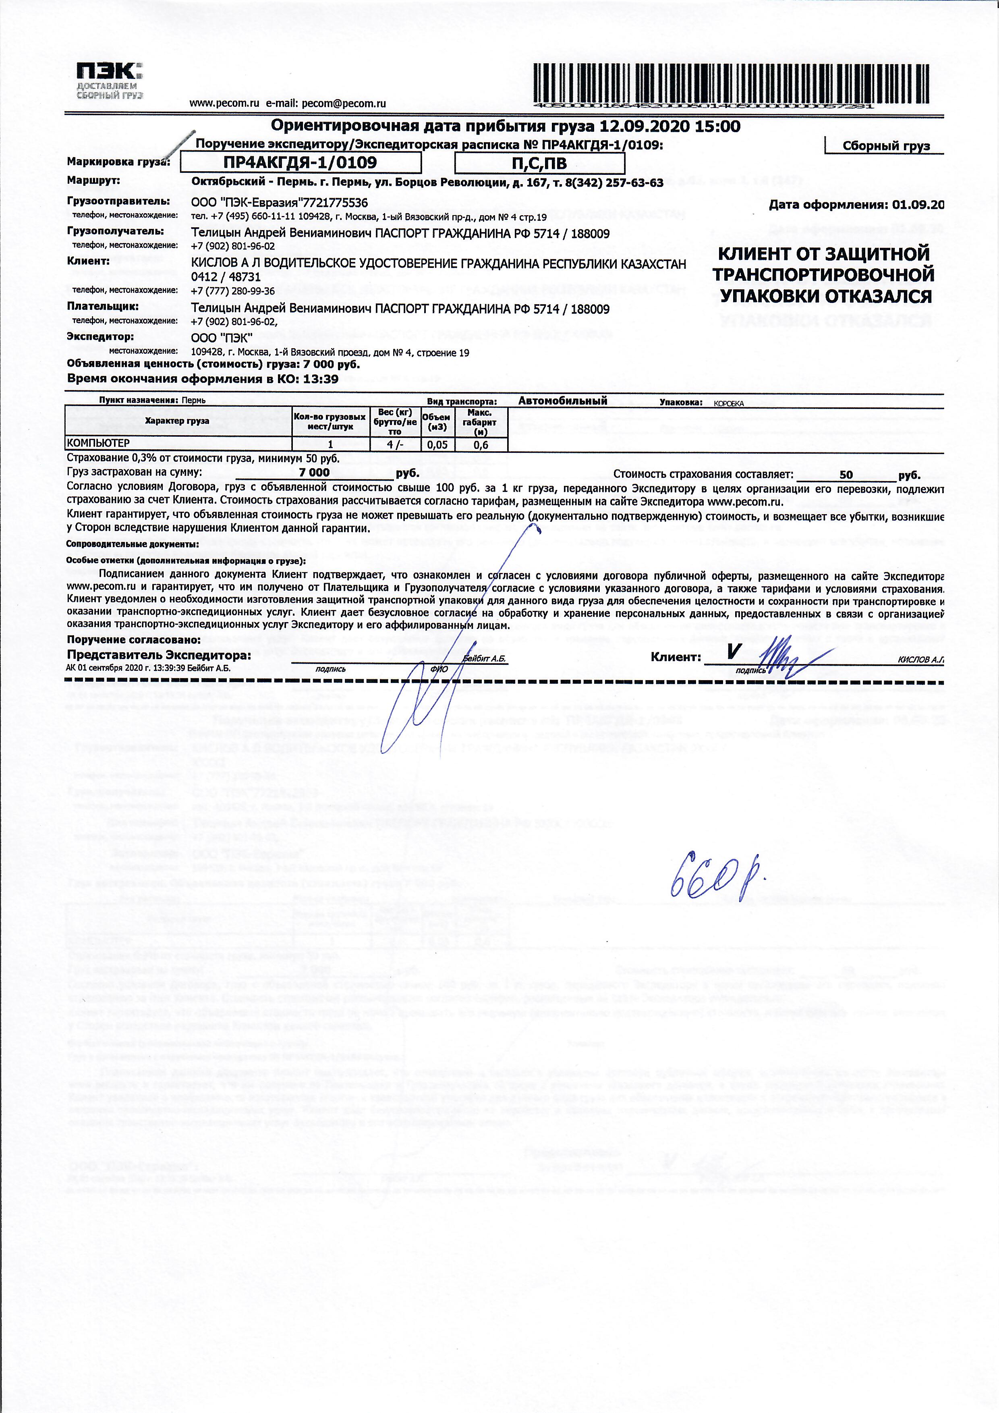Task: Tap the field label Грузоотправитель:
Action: pyautogui.click(x=118, y=201)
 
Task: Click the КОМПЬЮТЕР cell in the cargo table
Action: pyautogui.click(x=98, y=444)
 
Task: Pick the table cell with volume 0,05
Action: pyautogui.click(x=437, y=444)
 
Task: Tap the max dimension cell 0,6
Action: pyautogui.click(x=481, y=444)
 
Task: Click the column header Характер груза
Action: pyautogui.click(x=177, y=421)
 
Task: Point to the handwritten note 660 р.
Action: pyautogui.click(x=717, y=873)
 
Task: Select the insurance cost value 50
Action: pyautogui.click(x=846, y=475)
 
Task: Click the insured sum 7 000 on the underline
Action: pyautogui.click(x=314, y=473)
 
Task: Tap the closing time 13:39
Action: pyautogui.click(x=321, y=379)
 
